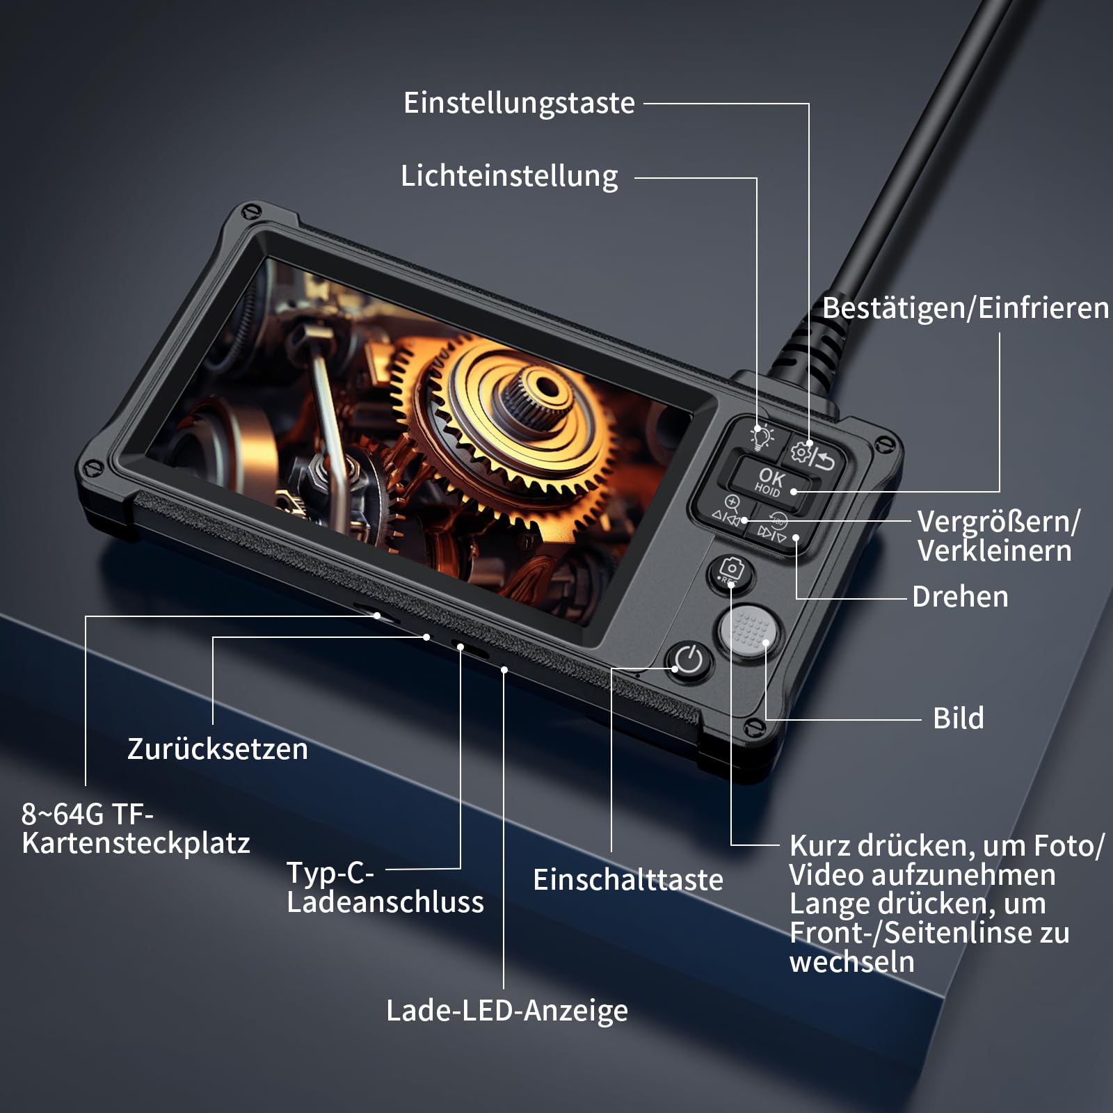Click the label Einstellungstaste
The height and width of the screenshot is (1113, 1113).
tap(519, 104)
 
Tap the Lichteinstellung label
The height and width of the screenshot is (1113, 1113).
tap(509, 176)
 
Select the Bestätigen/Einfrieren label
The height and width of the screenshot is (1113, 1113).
tap(966, 308)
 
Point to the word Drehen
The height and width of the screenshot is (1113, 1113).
tap(960, 597)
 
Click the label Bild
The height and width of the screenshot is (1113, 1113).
tap(959, 718)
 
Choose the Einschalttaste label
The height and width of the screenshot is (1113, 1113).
tap(628, 880)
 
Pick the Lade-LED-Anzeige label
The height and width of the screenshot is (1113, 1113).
tap(507, 1011)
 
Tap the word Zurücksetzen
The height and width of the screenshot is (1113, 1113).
tap(218, 749)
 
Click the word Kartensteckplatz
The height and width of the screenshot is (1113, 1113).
tap(136, 843)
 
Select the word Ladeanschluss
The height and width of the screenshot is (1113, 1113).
tap(385, 902)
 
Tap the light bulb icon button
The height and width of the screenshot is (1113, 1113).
tap(761, 436)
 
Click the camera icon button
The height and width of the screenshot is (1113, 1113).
tap(730, 572)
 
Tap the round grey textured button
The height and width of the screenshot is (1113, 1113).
tap(747, 630)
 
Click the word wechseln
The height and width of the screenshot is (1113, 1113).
tap(852, 962)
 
